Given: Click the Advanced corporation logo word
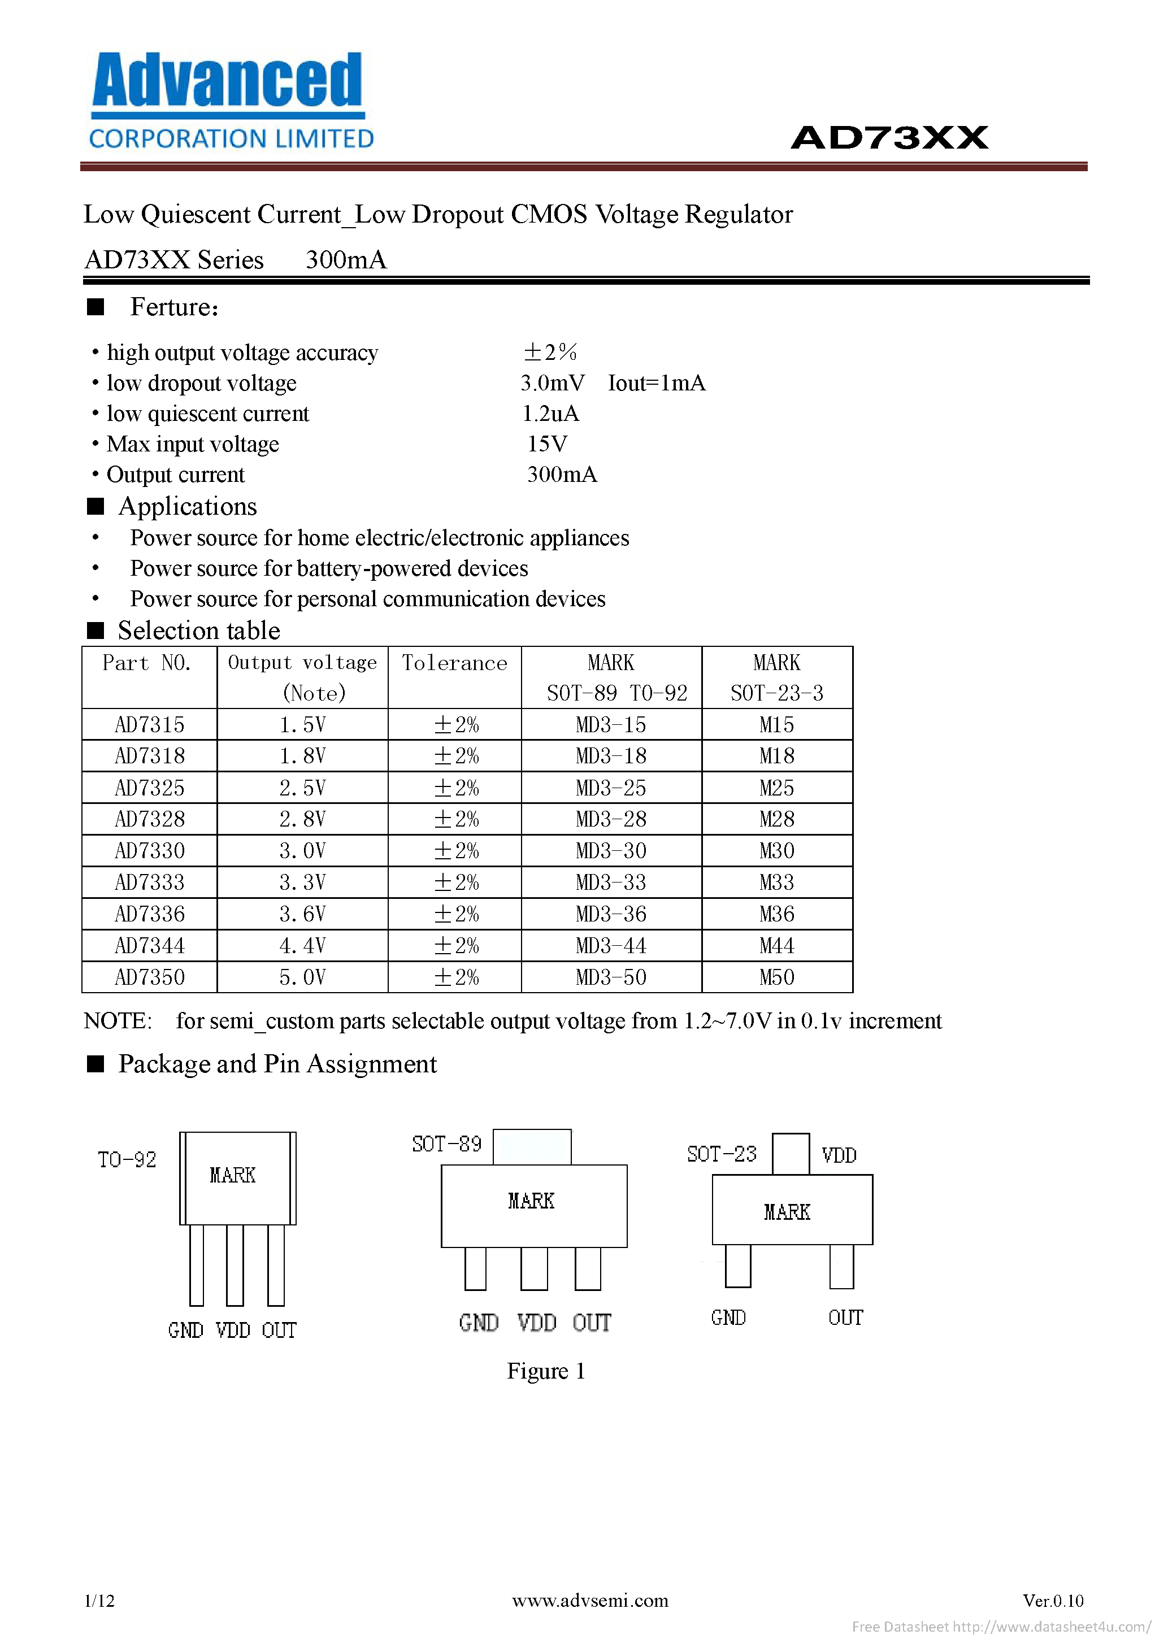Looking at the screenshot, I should [227, 81].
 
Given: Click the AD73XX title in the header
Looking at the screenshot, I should [889, 137].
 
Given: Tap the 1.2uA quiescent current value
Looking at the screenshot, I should [550, 414].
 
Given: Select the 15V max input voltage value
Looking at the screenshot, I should [547, 444].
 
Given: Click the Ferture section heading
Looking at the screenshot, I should [174, 307].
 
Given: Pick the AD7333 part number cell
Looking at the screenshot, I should [150, 882].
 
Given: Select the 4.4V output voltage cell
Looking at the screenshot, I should [302, 945].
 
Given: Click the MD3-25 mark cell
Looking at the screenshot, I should [611, 788].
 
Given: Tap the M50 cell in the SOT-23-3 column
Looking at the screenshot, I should [776, 977].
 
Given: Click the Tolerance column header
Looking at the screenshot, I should [454, 663].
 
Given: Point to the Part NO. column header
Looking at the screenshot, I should [147, 663].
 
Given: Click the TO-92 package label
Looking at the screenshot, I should [127, 1160].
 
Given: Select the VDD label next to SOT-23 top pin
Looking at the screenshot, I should [839, 1155].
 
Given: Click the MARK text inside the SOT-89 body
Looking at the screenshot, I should [531, 1201].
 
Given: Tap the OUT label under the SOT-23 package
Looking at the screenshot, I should [845, 1318].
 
